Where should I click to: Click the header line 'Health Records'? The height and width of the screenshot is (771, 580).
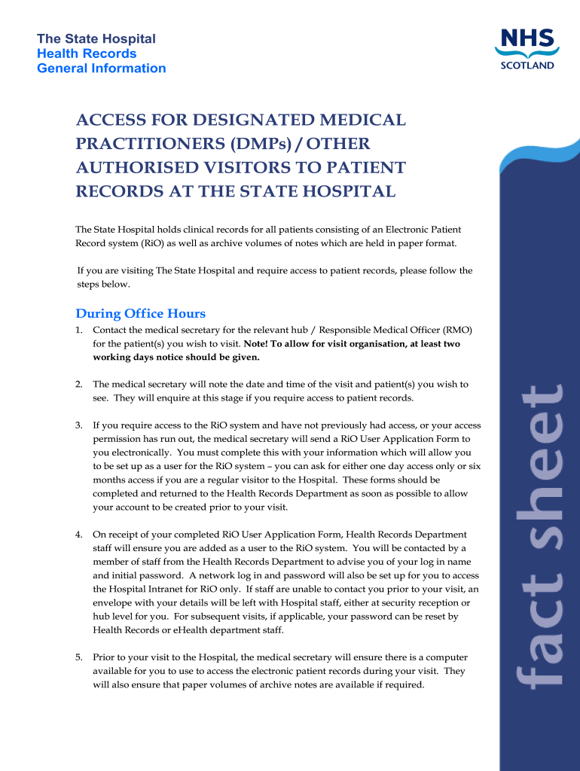click(87, 53)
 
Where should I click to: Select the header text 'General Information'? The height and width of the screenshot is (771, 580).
click(102, 69)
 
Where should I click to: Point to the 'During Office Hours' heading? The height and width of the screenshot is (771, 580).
click(141, 313)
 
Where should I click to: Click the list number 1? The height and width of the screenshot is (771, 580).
click(78, 331)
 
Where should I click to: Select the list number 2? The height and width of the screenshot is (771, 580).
click(78, 385)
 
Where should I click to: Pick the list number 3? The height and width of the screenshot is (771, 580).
click(78, 426)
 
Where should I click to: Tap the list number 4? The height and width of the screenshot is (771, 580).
click(78, 535)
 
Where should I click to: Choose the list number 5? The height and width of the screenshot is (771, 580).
click(78, 657)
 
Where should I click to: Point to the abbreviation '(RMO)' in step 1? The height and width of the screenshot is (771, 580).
click(456, 331)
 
